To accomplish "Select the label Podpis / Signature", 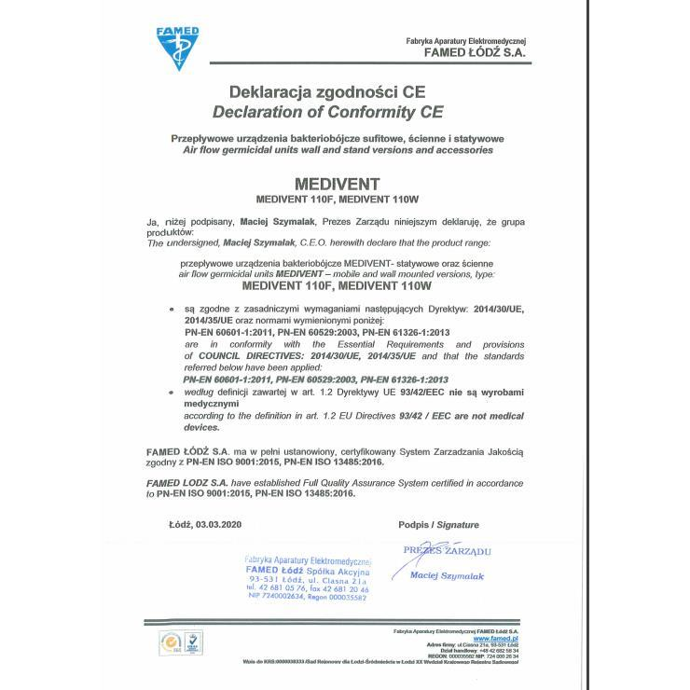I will (x=438, y=526).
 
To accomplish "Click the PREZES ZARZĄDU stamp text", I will (x=448, y=552).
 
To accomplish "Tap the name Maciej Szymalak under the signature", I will (x=447, y=576).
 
